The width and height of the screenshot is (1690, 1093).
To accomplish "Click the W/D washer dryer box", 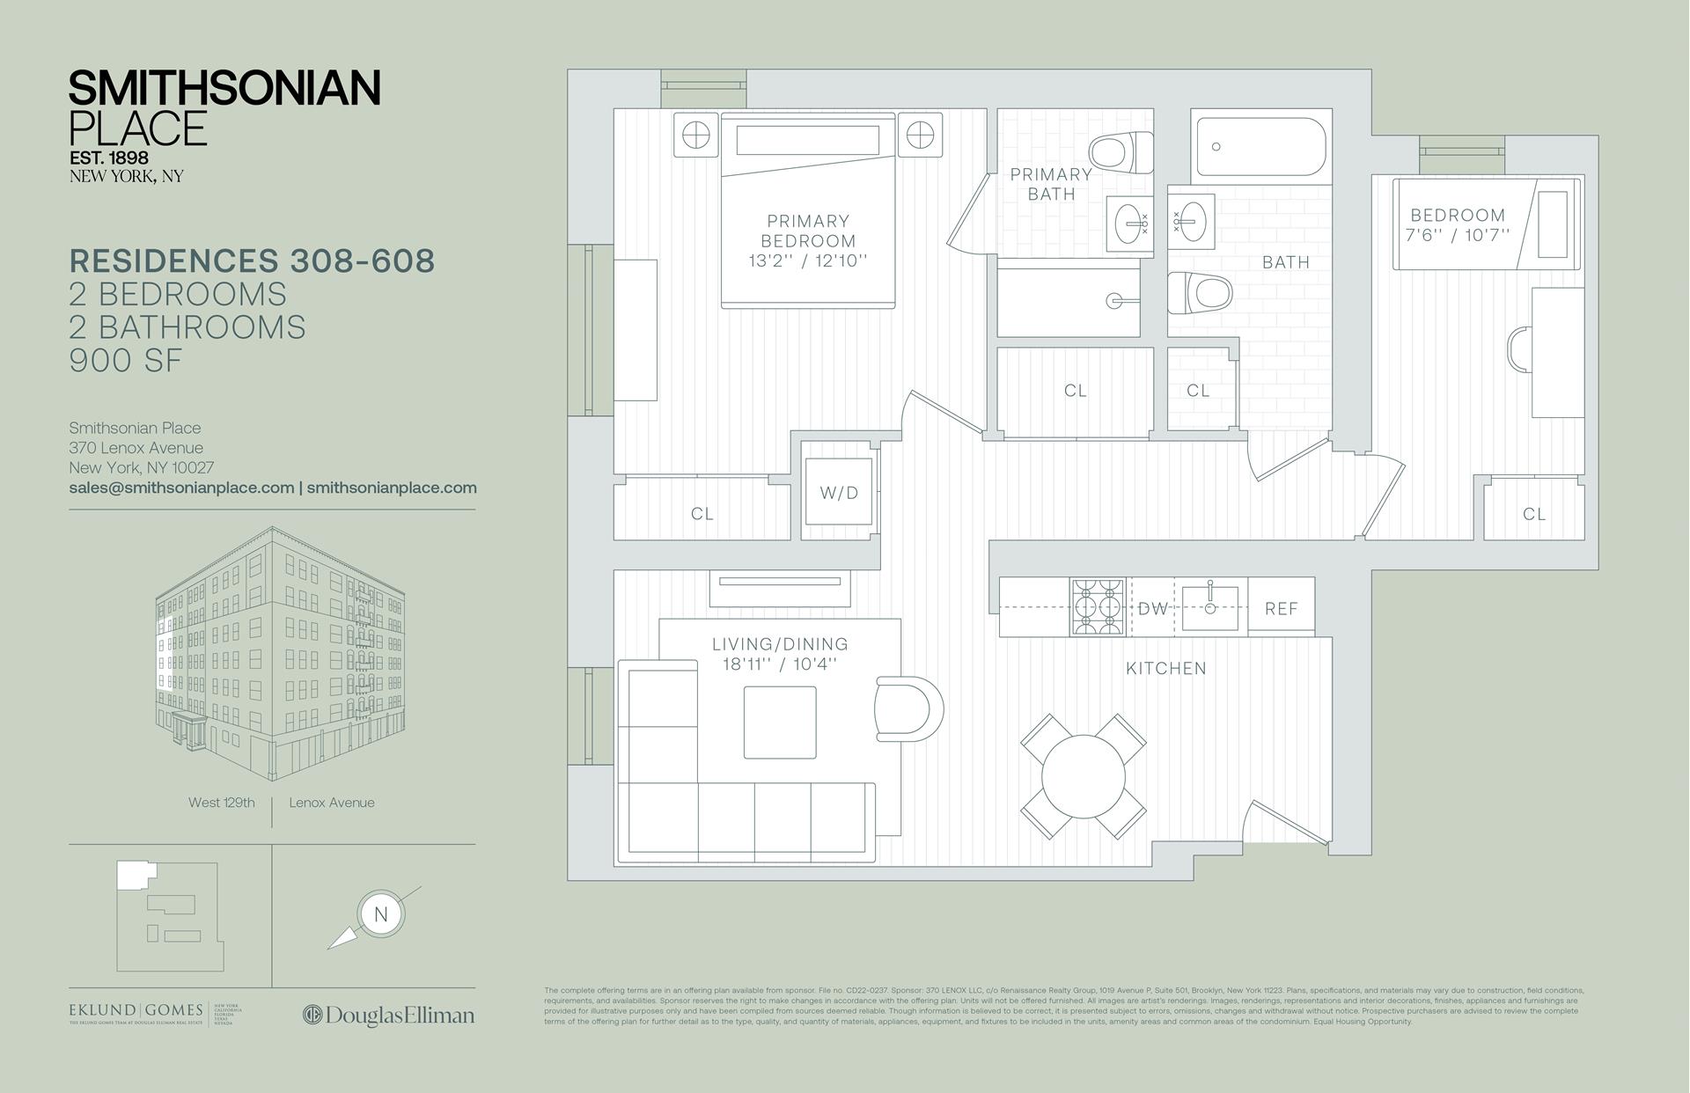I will tap(839, 492).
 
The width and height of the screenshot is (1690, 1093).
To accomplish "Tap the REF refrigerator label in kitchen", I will tap(1281, 608).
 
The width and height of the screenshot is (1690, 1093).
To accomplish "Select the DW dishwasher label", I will tap(1152, 608).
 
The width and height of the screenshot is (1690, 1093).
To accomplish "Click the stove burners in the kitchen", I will tap(1098, 606).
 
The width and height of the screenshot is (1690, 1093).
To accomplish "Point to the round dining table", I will tap(1084, 778).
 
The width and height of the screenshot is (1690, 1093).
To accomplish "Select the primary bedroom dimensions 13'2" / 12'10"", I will tap(808, 260).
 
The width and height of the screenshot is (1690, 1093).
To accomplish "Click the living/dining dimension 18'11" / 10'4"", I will tap(780, 664).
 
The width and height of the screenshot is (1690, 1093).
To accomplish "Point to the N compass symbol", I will tap(380, 913).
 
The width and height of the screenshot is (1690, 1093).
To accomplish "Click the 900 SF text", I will tap(126, 360).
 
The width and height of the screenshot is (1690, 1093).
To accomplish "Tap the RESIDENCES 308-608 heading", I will tap(252, 261).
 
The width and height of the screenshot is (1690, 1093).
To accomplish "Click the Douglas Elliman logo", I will tap(389, 1015).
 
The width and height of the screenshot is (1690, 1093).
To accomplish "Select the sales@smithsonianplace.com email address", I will tap(181, 488).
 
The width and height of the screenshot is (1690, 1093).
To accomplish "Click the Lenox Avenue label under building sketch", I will tap(331, 803).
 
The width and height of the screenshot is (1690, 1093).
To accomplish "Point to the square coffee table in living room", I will tap(779, 722).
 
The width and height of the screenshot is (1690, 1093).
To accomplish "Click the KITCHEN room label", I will tap(1165, 668).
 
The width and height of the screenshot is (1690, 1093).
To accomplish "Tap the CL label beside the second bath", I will tap(1197, 390).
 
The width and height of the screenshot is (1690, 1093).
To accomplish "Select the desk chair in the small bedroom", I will tap(1518, 349).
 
